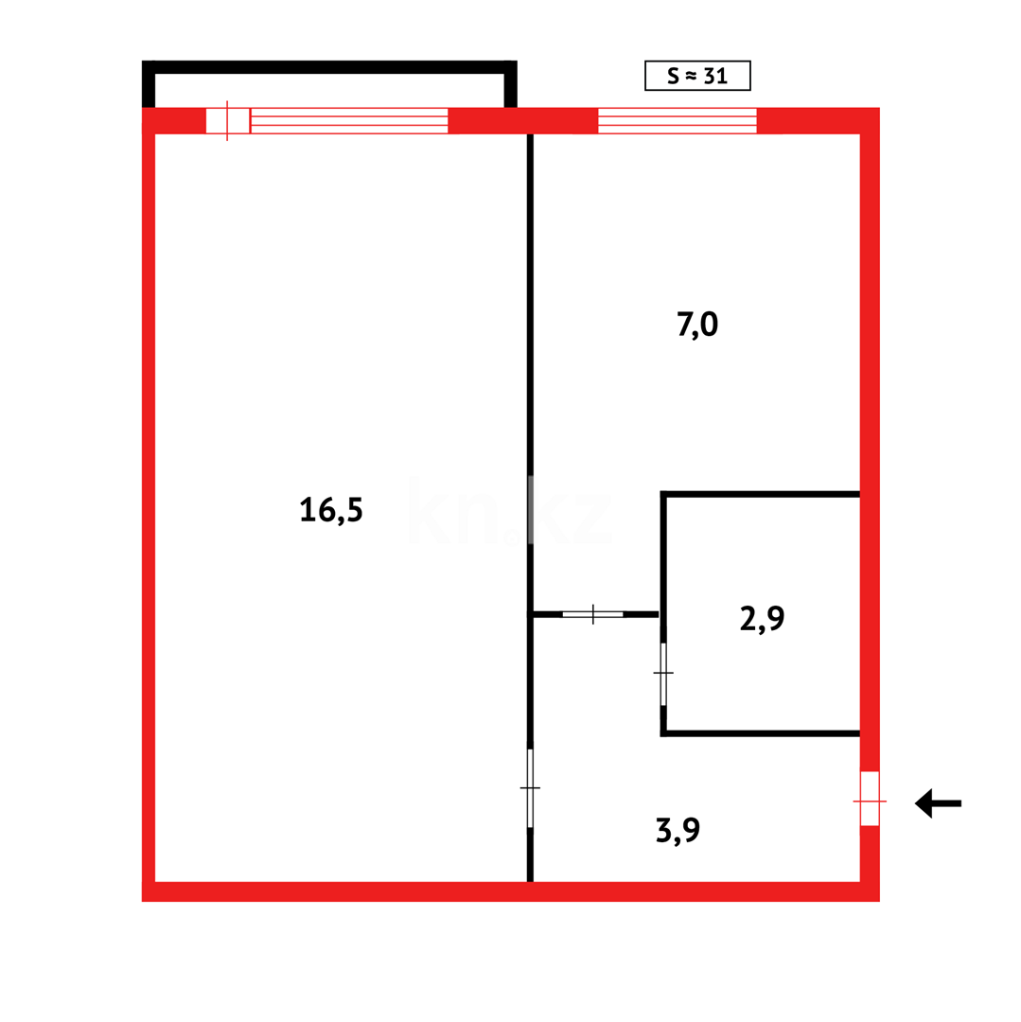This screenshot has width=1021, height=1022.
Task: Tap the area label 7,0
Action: pos(698,324)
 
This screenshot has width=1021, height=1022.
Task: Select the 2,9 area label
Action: pos(762,618)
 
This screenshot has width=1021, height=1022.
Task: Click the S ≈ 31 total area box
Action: pos(697,76)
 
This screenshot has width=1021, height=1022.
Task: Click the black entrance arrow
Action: pos(937,803)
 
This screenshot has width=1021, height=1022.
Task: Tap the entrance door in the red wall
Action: pos(869,801)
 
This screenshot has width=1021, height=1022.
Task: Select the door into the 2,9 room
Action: pos(663,673)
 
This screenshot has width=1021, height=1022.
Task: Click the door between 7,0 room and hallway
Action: pos(592,614)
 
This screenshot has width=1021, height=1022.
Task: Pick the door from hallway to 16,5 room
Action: pos(530,787)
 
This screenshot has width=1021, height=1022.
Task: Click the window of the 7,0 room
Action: pos(677,121)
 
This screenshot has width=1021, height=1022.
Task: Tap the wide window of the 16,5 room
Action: pos(349,121)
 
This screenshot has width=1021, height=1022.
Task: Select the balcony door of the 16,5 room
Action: pos(227,121)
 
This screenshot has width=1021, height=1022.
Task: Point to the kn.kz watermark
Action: pos(511,510)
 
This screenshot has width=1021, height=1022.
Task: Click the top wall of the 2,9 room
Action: pos(761,494)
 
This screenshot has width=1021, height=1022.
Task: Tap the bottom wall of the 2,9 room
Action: pos(761,733)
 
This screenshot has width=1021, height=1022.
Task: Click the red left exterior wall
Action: pos(149,511)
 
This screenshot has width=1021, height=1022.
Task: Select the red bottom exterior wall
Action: pos(511,891)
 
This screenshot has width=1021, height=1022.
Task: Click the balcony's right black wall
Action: pos(511,84)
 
